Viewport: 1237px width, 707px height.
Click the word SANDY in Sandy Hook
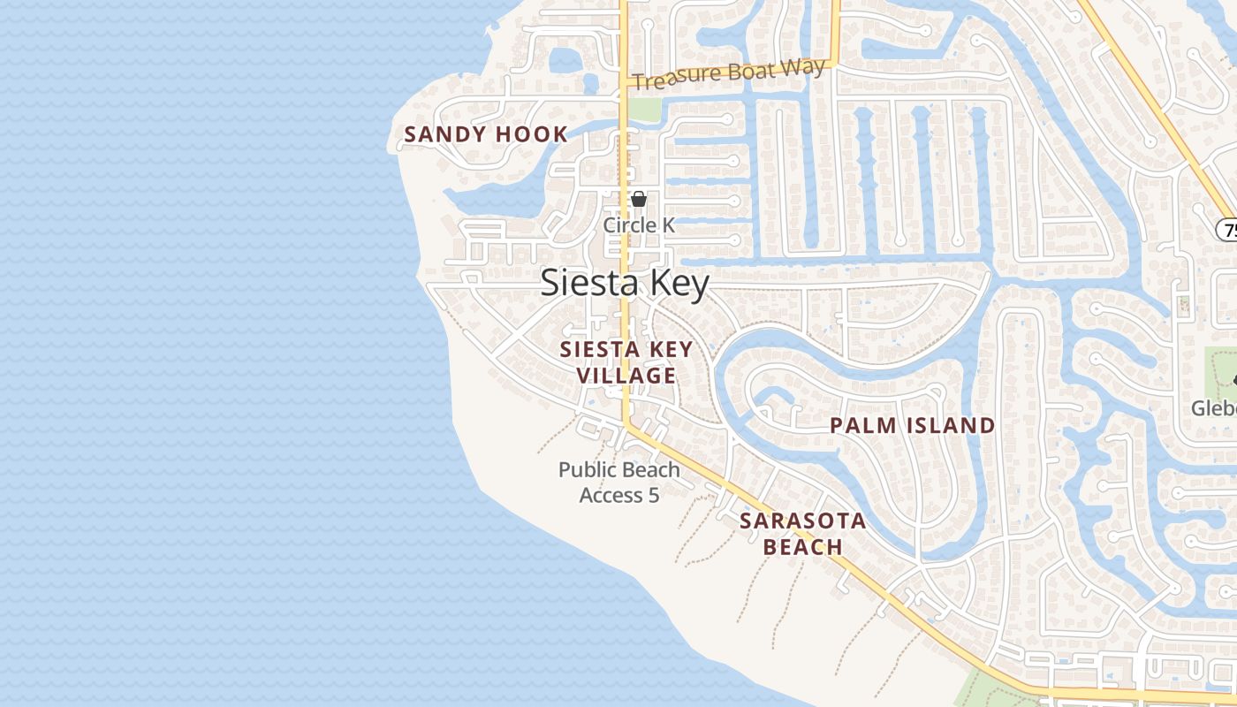pyautogui.click(x=444, y=134)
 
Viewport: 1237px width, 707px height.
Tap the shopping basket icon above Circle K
pyautogui.click(x=638, y=199)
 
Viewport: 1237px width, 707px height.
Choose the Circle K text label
pyautogui.click(x=638, y=225)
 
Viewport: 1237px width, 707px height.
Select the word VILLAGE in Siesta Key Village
pyautogui.click(x=626, y=376)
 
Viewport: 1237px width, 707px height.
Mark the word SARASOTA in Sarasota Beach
pyautogui.click(x=802, y=521)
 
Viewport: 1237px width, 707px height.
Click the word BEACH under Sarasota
pyautogui.click(x=802, y=547)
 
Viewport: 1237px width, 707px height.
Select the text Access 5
pyautogui.click(x=618, y=495)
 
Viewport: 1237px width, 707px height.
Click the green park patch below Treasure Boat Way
pyautogui.click(x=645, y=109)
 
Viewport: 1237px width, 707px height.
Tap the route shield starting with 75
pyautogui.click(x=1227, y=230)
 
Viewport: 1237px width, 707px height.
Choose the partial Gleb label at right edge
pyautogui.click(x=1213, y=407)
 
